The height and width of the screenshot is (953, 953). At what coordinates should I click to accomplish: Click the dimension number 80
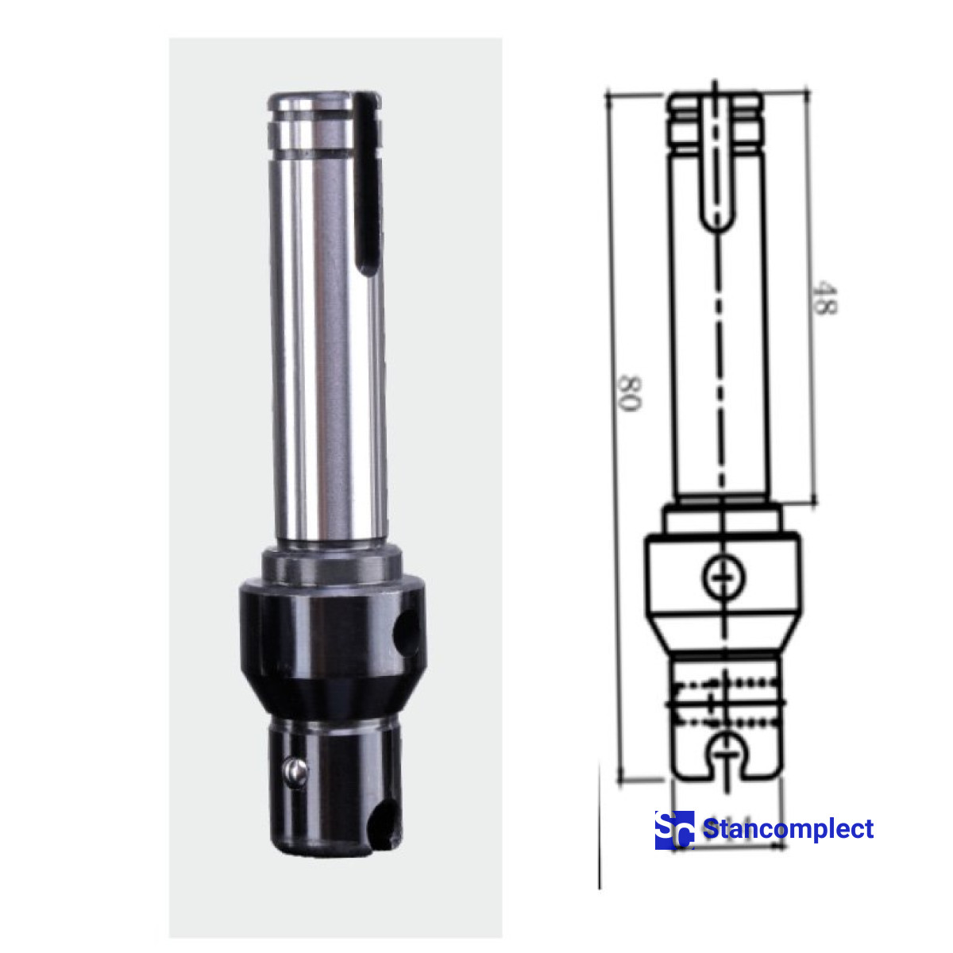(629, 392)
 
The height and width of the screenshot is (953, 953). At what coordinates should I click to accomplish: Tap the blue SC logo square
(674, 830)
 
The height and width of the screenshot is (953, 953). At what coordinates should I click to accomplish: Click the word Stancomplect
(788, 830)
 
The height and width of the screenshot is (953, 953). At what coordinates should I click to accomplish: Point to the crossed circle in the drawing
(723, 577)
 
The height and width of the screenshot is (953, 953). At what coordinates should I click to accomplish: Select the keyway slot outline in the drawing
(718, 167)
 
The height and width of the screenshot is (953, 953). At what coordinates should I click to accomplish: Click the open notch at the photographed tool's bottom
(385, 822)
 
